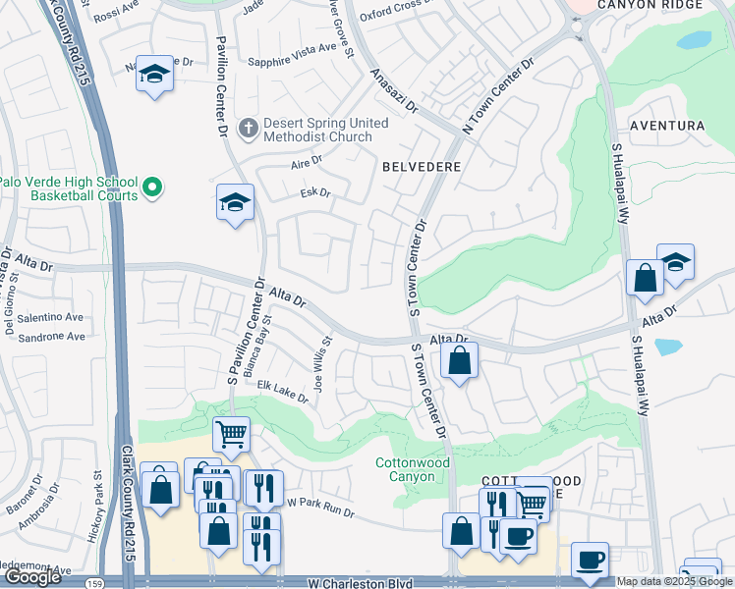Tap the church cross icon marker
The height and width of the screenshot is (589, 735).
[x=249, y=127]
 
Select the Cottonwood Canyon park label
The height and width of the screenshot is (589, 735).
[x=413, y=469]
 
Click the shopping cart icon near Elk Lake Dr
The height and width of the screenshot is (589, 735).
[x=231, y=432]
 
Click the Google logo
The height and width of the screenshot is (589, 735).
[x=32, y=577]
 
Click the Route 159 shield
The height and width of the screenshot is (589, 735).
[x=90, y=582]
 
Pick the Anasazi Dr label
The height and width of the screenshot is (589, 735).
[x=394, y=89]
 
